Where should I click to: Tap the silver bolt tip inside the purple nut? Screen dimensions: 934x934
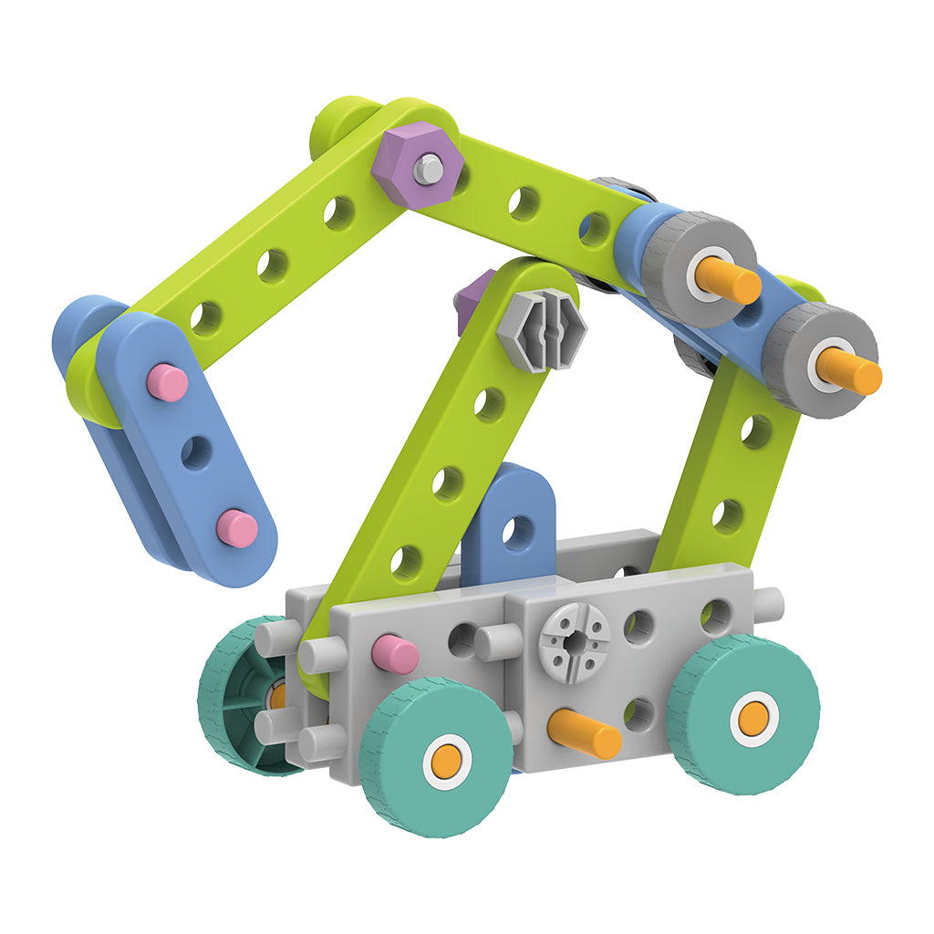tap(428, 168)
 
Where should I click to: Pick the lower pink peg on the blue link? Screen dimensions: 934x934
tap(237, 527)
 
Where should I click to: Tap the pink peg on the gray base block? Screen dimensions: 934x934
tap(395, 654)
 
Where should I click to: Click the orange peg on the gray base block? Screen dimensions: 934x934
tap(584, 732)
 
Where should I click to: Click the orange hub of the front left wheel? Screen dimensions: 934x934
tap(447, 761)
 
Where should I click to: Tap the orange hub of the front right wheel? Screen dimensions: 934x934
tap(753, 719)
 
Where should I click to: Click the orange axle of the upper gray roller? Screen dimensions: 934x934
tap(731, 278)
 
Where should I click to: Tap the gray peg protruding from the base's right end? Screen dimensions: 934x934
tap(768, 604)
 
